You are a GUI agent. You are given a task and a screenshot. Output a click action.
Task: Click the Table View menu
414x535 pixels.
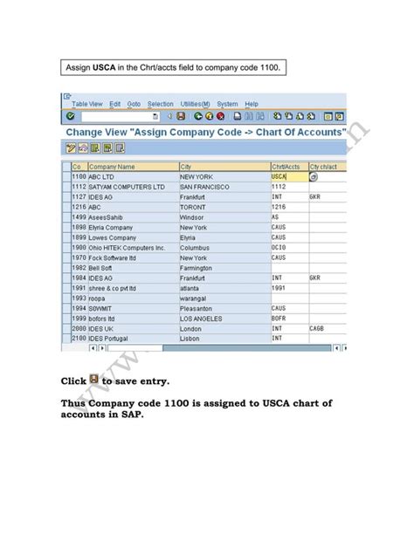[x=86, y=104]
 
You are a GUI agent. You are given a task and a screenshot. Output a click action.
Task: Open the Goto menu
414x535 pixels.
[x=134, y=104]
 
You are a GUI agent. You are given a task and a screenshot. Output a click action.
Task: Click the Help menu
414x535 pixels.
[x=252, y=104]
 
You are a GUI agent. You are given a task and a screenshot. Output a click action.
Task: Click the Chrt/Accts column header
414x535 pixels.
[x=286, y=166]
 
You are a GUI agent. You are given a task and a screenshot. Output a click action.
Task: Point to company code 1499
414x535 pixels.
[x=79, y=216]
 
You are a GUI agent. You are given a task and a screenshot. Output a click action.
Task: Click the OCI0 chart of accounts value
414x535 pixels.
[x=279, y=247]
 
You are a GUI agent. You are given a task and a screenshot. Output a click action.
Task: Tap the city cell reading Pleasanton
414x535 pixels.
[x=200, y=307]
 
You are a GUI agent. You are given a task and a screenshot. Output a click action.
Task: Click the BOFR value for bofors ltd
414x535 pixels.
[x=279, y=318]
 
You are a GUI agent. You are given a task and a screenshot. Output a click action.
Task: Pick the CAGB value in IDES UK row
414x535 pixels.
[x=318, y=327]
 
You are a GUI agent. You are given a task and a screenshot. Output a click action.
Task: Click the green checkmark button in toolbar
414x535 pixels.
[x=70, y=116]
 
